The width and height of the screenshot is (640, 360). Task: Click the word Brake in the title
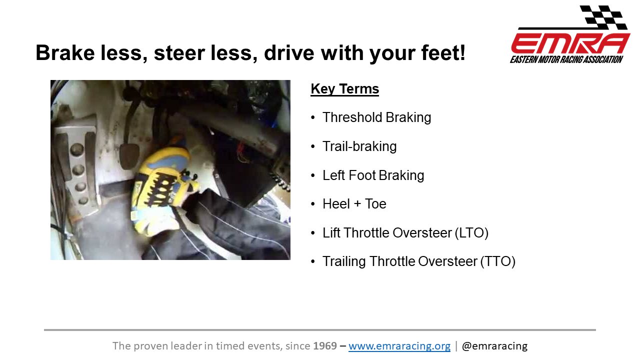point(65,52)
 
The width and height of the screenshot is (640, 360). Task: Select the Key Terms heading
point(345,89)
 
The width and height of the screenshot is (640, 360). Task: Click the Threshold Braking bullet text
point(377,117)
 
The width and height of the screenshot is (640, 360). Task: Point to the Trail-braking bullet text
point(359,146)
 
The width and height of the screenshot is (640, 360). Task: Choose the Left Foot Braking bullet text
point(373,175)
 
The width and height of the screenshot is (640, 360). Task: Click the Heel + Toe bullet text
point(354,204)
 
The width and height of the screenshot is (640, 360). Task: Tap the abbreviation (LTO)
point(471,233)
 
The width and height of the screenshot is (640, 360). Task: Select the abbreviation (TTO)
point(497,261)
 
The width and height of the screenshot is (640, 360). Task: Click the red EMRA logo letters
point(570,43)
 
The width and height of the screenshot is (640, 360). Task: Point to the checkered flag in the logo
point(603,17)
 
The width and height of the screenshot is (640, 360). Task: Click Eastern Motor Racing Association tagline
point(566,59)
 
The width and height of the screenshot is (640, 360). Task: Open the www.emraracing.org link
point(399,346)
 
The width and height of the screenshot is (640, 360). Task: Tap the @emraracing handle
point(494,346)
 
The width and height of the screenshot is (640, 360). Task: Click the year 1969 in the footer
point(325,346)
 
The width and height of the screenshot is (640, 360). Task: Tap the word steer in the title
point(179,52)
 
